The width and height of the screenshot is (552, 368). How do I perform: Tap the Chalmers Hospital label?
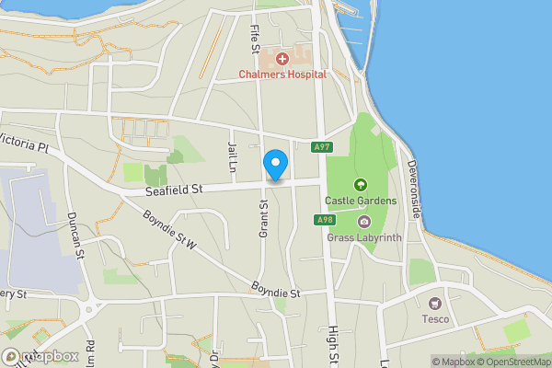(x=282, y=75)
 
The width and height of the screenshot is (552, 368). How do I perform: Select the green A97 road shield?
(x=322, y=147)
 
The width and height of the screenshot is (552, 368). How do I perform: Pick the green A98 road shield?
(x=324, y=219)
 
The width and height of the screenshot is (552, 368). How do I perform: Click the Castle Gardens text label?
(x=360, y=201)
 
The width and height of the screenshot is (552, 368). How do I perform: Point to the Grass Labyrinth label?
(x=364, y=236)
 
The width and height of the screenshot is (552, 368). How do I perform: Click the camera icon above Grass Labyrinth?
(x=364, y=222)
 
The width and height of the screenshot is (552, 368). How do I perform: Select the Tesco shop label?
(x=435, y=319)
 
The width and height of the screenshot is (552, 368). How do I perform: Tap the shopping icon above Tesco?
(x=435, y=303)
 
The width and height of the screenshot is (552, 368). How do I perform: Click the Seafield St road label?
(x=175, y=190)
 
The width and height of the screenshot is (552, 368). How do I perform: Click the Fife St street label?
(x=257, y=39)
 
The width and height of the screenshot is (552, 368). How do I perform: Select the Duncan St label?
(x=75, y=235)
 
